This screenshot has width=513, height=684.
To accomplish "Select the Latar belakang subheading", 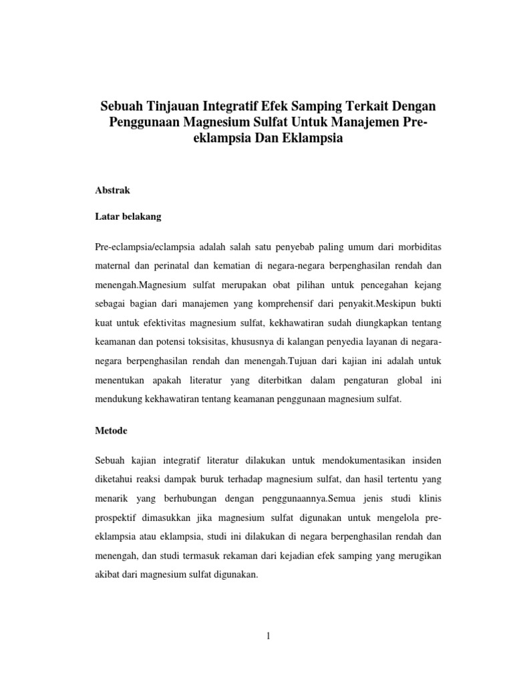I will [x=129, y=217].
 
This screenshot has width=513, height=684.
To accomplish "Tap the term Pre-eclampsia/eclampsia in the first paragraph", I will [x=143, y=247].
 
